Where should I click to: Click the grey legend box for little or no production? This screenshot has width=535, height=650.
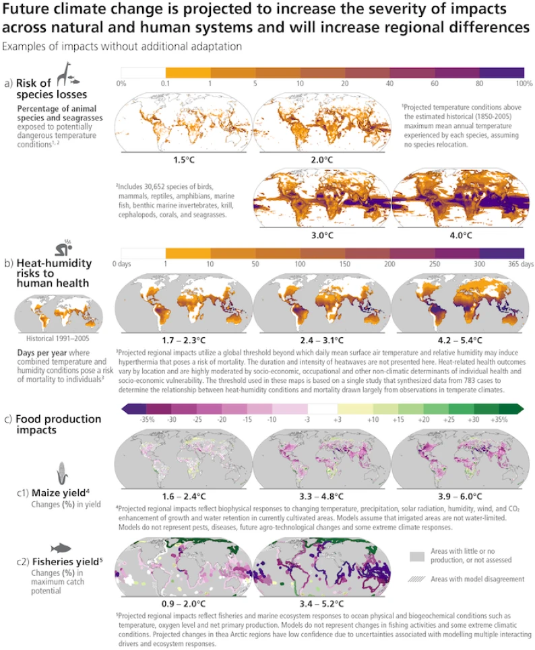pyautogui.click(x=418, y=556)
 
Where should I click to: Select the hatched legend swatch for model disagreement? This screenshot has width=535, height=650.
pyautogui.click(x=418, y=578)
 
